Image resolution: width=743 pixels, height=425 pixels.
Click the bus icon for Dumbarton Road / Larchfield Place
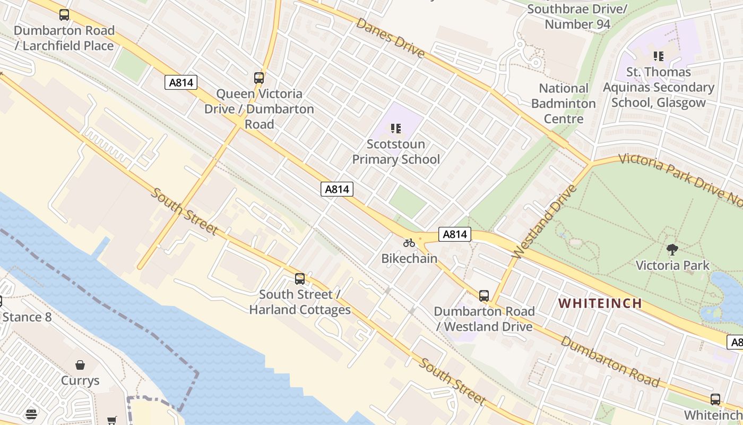click(64, 15)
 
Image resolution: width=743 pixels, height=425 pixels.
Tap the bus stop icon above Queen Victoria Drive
click(259, 78)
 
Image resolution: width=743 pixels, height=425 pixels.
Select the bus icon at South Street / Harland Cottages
click(300, 279)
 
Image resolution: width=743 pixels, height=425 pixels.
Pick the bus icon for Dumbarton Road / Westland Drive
click(484, 296)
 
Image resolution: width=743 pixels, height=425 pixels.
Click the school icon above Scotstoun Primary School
click(395, 129)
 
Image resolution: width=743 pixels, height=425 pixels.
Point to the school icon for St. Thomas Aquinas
click(659, 56)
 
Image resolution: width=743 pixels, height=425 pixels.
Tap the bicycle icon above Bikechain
click(409, 243)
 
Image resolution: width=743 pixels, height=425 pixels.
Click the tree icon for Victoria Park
click(672, 249)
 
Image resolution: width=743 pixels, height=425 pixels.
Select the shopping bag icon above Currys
click(80, 365)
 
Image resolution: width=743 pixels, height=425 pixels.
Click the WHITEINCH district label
click(600, 303)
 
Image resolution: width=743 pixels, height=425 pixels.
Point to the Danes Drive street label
click(390, 38)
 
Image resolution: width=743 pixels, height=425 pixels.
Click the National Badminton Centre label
click(563, 103)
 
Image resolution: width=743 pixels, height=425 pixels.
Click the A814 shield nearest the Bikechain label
click(455, 234)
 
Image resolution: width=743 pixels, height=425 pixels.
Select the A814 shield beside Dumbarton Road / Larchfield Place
click(181, 82)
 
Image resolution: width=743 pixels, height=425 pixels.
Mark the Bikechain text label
click(409, 259)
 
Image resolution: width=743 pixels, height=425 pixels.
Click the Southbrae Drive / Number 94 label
click(577, 16)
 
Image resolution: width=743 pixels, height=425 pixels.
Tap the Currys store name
click(80, 380)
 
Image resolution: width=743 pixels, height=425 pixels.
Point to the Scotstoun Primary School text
click(396, 151)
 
